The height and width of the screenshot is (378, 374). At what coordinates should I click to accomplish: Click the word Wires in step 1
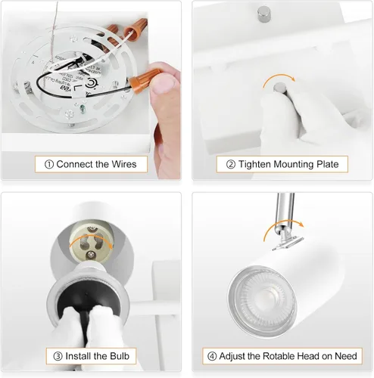click(x=124, y=164)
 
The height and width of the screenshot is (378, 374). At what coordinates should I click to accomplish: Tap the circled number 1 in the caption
click(x=49, y=165)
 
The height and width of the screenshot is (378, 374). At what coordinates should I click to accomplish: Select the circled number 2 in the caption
click(x=231, y=165)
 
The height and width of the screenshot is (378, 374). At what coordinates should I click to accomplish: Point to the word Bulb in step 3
click(x=120, y=356)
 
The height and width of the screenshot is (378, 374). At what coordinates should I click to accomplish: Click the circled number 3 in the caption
click(x=58, y=356)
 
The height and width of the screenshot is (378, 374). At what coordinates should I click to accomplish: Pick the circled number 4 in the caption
click(x=212, y=356)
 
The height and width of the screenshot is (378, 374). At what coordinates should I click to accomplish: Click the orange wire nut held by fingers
click(x=144, y=80)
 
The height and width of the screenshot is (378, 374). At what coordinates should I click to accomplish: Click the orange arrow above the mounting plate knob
click(x=279, y=79)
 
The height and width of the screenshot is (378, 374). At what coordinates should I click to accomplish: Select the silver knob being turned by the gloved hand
click(x=279, y=88)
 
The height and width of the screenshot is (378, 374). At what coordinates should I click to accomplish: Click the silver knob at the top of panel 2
click(x=264, y=14)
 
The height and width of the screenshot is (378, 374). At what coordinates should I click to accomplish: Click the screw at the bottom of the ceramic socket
click(x=91, y=256)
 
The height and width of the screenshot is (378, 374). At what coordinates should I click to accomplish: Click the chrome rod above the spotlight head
click(x=285, y=210)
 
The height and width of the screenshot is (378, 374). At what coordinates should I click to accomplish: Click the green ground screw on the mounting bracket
click(x=82, y=109)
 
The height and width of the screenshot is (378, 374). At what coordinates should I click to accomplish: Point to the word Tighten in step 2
click(x=254, y=164)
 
